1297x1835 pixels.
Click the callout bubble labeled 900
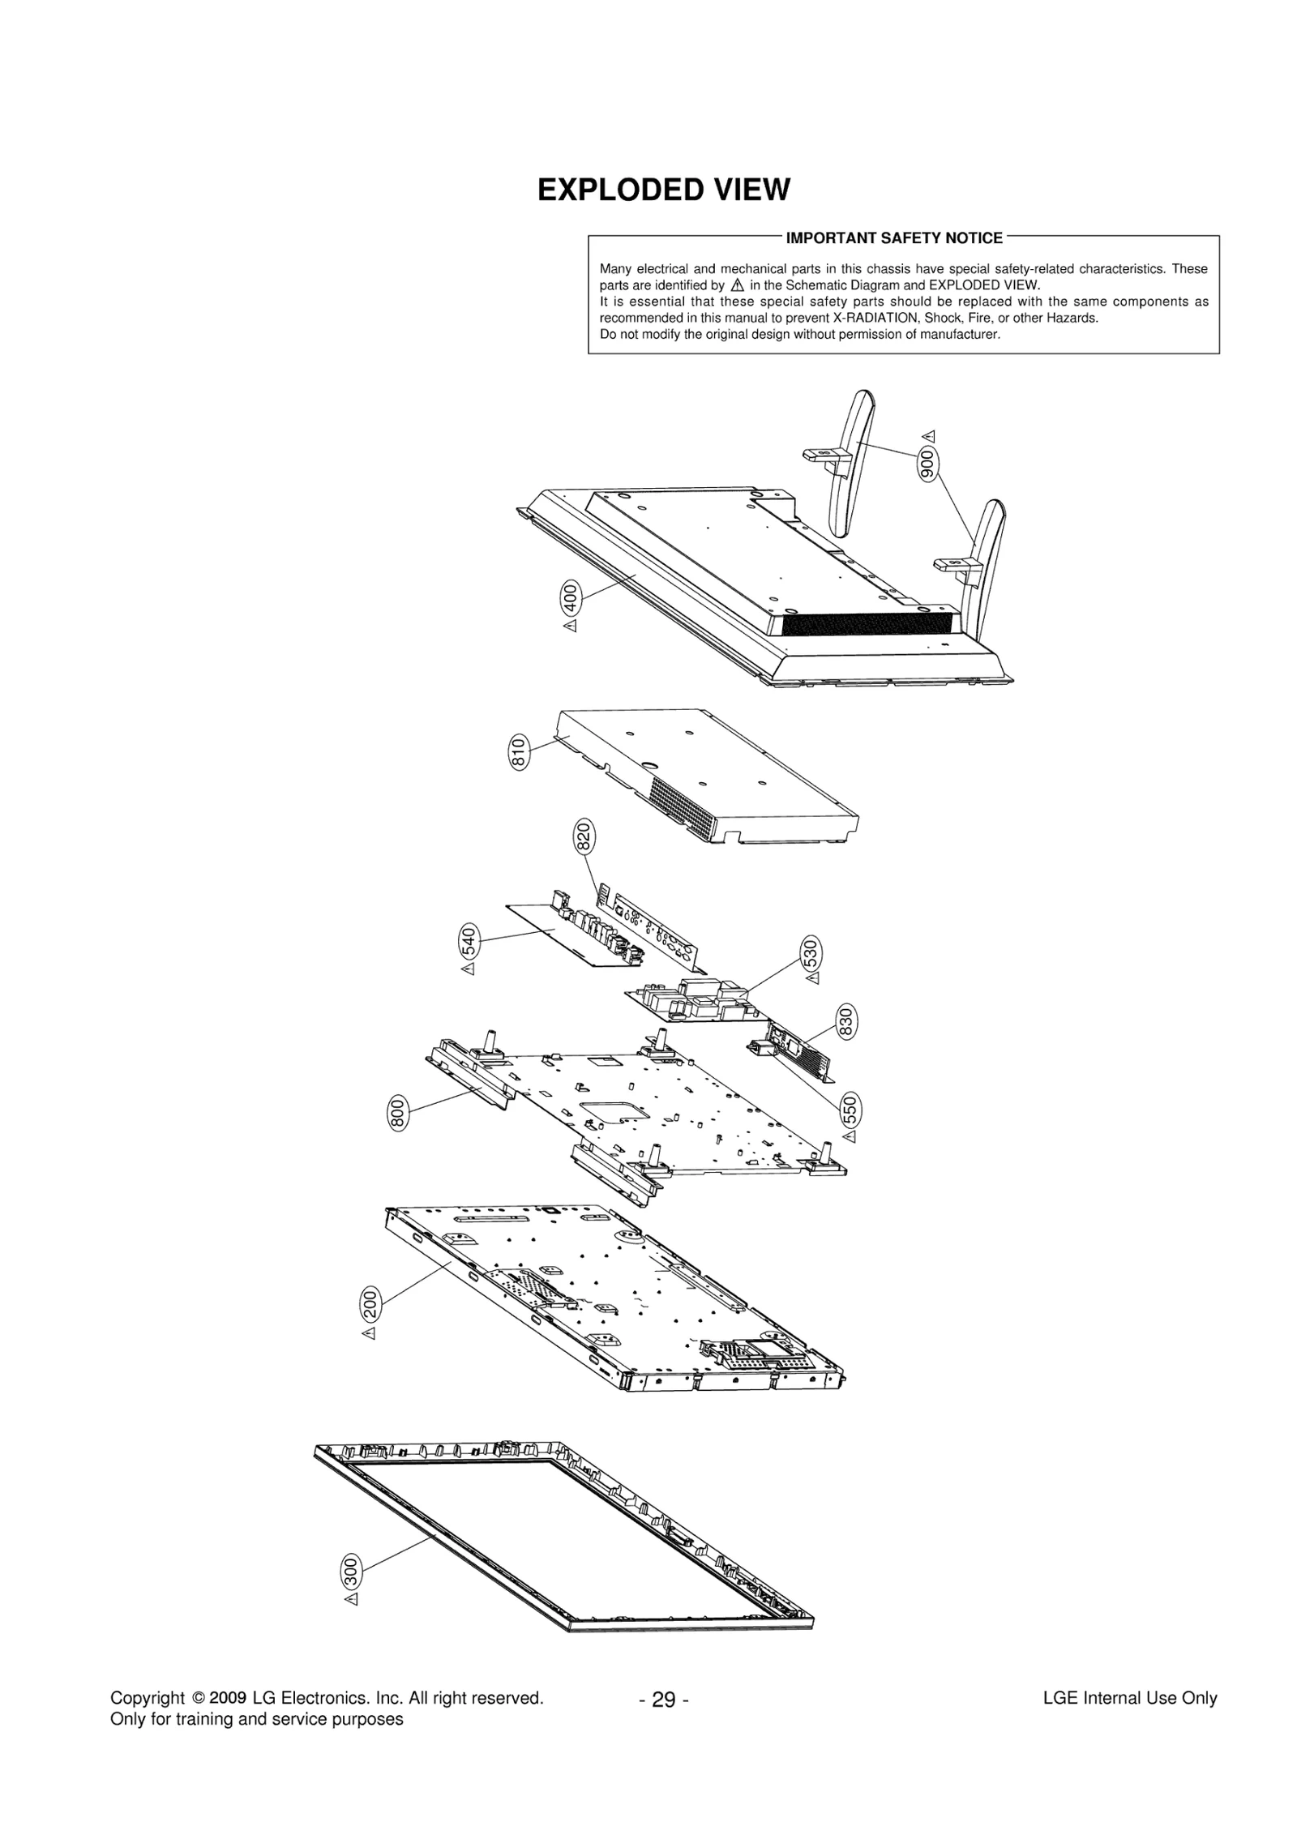tap(929, 464)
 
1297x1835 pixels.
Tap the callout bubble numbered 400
tap(570, 598)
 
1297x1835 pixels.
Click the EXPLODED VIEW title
tap(663, 190)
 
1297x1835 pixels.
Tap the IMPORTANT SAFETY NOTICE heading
tap(894, 238)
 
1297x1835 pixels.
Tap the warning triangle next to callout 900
tap(929, 435)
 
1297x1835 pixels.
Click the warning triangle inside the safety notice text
tap(737, 285)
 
